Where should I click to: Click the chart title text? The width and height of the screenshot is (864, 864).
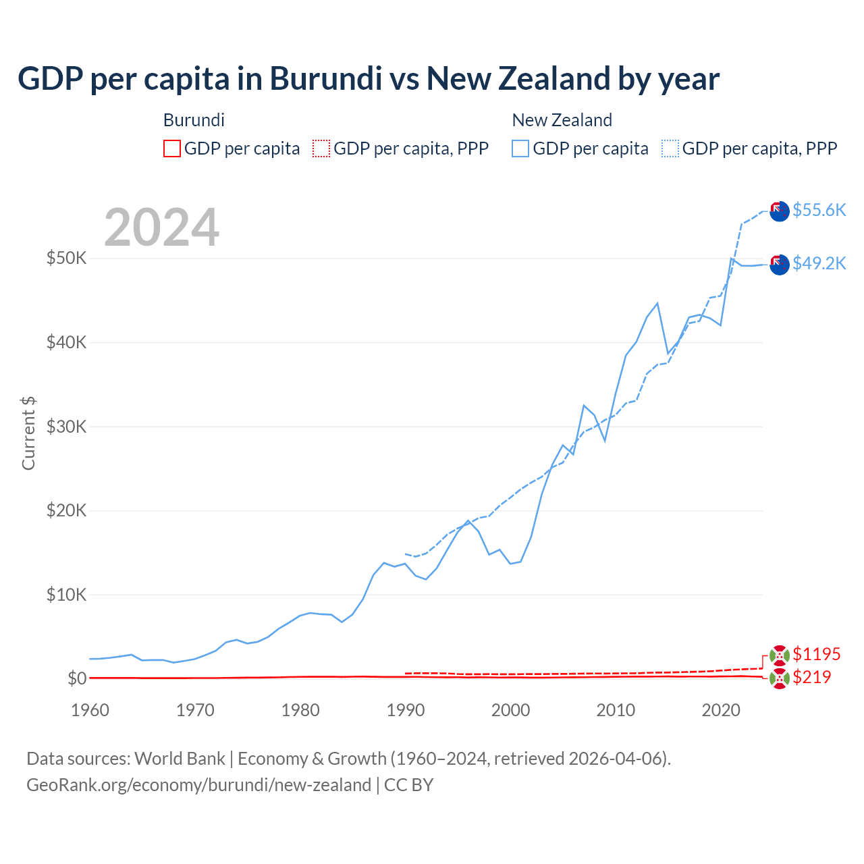(x=369, y=79)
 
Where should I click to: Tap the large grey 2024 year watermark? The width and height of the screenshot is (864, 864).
(x=162, y=227)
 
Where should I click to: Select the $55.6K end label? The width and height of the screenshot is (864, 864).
(x=819, y=210)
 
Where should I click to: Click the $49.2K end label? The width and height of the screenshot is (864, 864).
(x=819, y=263)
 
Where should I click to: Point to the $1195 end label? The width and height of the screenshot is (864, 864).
(x=816, y=654)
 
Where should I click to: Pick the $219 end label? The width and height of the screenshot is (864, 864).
(x=811, y=677)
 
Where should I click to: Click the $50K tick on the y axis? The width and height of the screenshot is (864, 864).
(x=66, y=258)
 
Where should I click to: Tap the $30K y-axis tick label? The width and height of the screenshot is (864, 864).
(x=66, y=427)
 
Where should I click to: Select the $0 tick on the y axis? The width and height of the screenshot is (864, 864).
(x=77, y=678)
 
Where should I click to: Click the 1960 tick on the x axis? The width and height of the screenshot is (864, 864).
(x=90, y=710)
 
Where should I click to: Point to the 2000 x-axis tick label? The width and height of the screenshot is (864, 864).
(x=511, y=710)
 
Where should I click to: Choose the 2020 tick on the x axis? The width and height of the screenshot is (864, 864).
(x=721, y=710)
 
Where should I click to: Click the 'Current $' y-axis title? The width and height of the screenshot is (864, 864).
(x=28, y=433)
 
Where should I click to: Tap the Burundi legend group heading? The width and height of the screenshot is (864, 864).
(x=194, y=120)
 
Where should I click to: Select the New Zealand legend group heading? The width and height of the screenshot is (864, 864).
(x=562, y=120)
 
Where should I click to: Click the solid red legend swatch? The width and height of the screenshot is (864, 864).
(x=172, y=148)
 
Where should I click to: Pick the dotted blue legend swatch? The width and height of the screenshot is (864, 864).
(x=670, y=148)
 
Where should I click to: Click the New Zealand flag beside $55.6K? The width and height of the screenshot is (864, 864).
(x=780, y=211)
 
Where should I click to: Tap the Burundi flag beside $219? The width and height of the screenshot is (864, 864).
(x=780, y=679)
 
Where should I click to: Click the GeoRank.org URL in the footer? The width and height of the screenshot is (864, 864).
(x=198, y=785)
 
